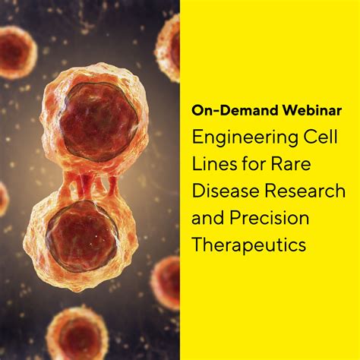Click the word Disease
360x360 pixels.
coord(222,193)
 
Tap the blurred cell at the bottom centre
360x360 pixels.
coord(76,334)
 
